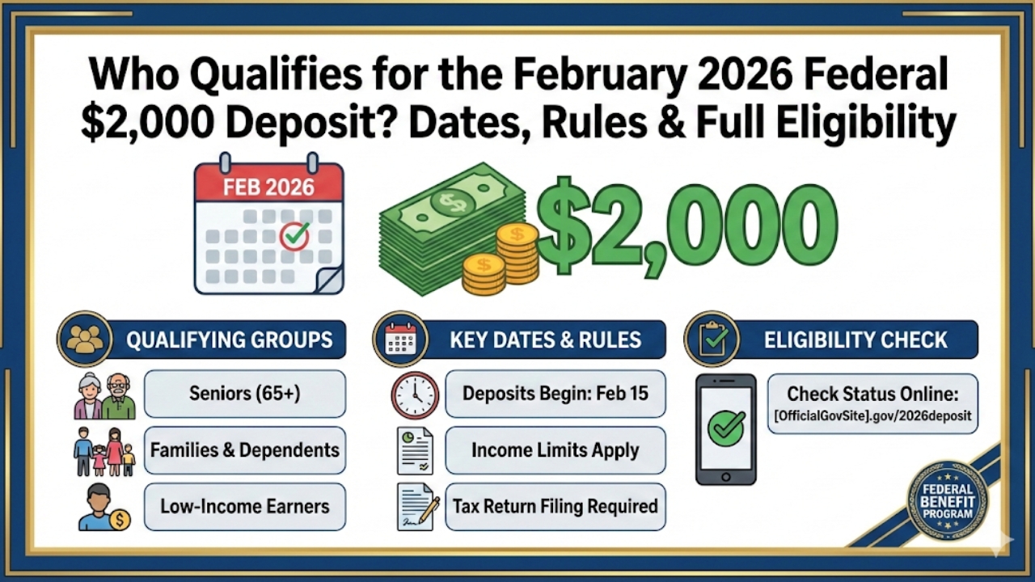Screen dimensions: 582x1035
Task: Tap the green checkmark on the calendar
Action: (x=294, y=237)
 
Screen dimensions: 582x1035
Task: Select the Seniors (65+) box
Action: (x=244, y=394)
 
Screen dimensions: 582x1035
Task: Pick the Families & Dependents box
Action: (x=244, y=450)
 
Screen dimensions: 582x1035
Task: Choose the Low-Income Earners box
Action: (x=244, y=507)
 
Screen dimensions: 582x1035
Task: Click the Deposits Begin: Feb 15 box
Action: (x=555, y=394)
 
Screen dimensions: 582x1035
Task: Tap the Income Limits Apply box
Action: (x=555, y=450)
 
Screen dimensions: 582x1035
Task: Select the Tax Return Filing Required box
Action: (x=555, y=507)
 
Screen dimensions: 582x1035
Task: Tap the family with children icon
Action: (x=104, y=451)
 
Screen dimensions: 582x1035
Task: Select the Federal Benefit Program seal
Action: (x=947, y=500)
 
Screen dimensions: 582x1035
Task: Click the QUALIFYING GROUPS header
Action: (x=229, y=339)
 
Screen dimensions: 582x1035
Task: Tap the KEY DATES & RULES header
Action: (x=545, y=339)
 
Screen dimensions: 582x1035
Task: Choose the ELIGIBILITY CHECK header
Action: (x=855, y=339)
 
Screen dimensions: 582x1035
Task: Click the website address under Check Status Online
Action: (x=872, y=417)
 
